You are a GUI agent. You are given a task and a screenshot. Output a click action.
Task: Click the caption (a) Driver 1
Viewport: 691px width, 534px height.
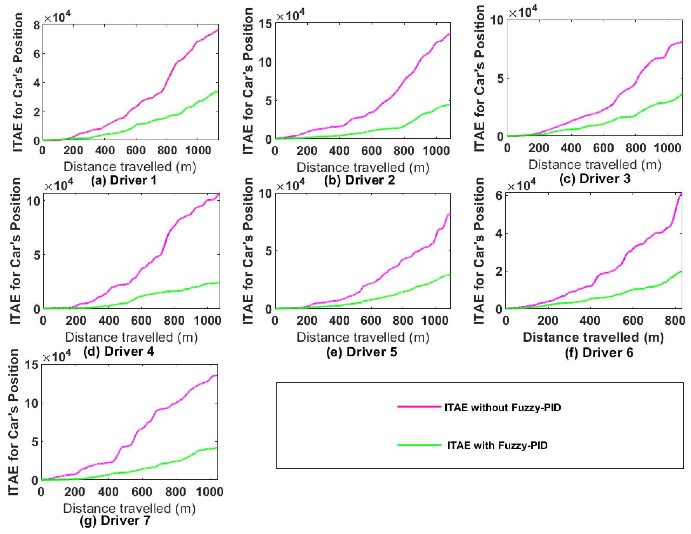pos(123,181)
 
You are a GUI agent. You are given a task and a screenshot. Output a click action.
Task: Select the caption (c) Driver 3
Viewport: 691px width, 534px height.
pos(595,179)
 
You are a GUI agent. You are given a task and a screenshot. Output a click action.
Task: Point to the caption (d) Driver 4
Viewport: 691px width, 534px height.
pos(119,351)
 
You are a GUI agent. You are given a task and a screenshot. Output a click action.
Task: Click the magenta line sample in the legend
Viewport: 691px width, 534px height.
pos(419,406)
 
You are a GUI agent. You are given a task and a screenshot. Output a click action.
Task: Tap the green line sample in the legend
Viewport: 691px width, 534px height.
pos(419,445)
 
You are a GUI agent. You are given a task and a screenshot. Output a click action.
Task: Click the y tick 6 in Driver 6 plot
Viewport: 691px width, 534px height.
pos(499,195)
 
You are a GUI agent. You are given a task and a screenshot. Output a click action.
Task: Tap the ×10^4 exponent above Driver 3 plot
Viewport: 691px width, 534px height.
pos(522,13)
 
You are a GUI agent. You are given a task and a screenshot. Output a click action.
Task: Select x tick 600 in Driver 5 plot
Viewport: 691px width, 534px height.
pos(371,321)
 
